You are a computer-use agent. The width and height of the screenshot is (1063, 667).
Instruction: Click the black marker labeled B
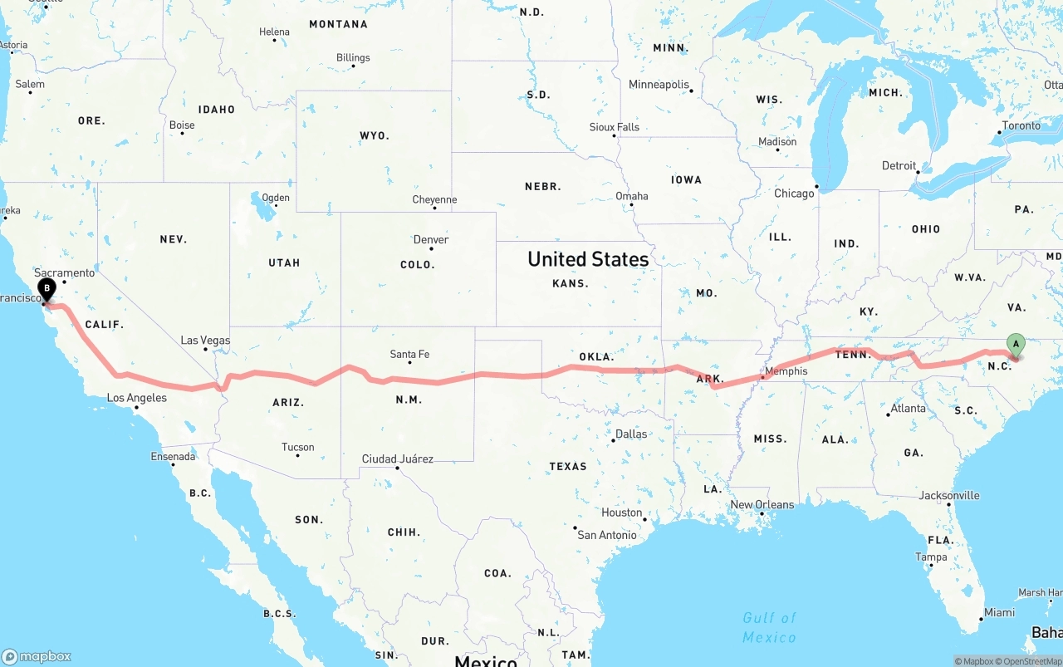coord(47,290)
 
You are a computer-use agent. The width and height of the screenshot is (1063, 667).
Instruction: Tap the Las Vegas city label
coord(205,341)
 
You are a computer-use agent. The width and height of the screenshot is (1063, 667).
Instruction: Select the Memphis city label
coord(786,371)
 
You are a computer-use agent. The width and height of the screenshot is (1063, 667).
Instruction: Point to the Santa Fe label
coord(409,355)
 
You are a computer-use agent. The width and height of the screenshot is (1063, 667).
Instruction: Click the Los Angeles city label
coord(137,399)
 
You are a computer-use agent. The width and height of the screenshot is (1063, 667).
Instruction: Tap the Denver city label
coord(431,240)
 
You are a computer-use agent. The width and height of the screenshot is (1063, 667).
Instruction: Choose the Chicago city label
coord(794,194)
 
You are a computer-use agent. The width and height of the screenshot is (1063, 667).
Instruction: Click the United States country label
coord(588,259)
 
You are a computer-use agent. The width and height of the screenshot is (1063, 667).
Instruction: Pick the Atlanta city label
coord(908,409)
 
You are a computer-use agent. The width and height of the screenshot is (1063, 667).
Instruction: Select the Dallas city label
coord(631,434)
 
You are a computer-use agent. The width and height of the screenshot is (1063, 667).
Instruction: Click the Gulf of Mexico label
coord(770,627)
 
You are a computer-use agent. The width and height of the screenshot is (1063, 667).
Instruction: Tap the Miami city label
coord(999,613)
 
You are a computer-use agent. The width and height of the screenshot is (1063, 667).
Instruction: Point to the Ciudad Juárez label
coord(398,459)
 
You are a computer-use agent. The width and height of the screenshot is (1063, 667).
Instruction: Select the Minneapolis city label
coord(659,85)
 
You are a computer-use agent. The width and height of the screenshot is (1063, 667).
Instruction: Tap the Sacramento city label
coord(65,272)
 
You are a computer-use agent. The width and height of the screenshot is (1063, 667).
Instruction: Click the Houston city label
coord(622,513)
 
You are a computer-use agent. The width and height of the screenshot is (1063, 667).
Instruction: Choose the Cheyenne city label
coord(434,200)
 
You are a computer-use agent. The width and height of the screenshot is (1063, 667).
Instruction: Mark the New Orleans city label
coord(762,505)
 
